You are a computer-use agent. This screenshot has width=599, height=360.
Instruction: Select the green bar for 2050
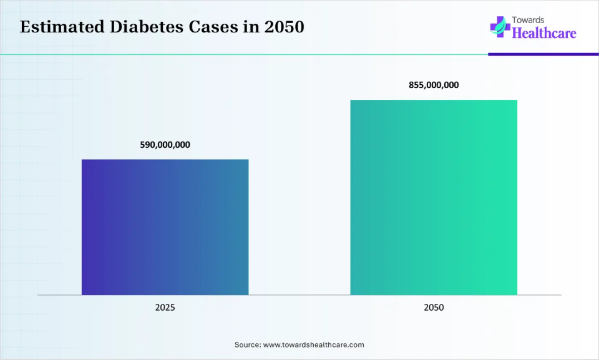(434, 197)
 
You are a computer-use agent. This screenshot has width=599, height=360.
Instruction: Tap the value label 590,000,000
(165, 145)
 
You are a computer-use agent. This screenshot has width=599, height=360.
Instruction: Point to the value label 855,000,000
(434, 85)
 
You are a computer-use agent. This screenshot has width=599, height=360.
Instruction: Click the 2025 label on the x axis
(165, 308)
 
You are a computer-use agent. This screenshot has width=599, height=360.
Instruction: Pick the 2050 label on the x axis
(434, 308)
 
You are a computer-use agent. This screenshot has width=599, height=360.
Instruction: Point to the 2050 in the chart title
(286, 28)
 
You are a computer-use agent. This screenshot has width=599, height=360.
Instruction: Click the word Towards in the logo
(528, 20)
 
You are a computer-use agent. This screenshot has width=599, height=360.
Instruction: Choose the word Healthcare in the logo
(543, 33)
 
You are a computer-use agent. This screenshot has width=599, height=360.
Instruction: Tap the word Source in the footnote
(247, 344)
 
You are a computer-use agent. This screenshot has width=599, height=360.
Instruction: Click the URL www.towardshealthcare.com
(313, 344)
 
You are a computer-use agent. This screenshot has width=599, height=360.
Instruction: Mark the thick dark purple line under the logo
(543, 54)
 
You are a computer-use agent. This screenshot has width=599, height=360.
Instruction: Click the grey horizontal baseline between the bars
(299, 294)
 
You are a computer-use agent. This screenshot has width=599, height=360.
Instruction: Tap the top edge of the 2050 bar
(434, 100)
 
